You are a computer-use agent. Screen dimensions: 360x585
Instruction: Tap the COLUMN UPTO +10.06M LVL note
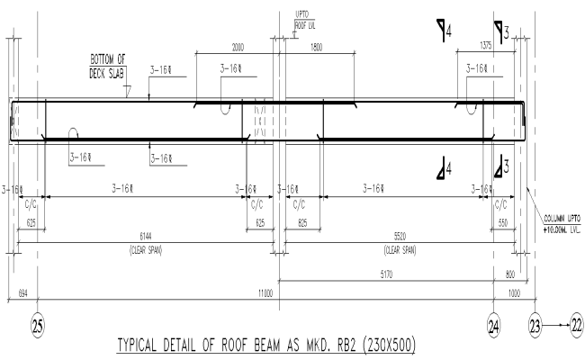click(562, 224)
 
